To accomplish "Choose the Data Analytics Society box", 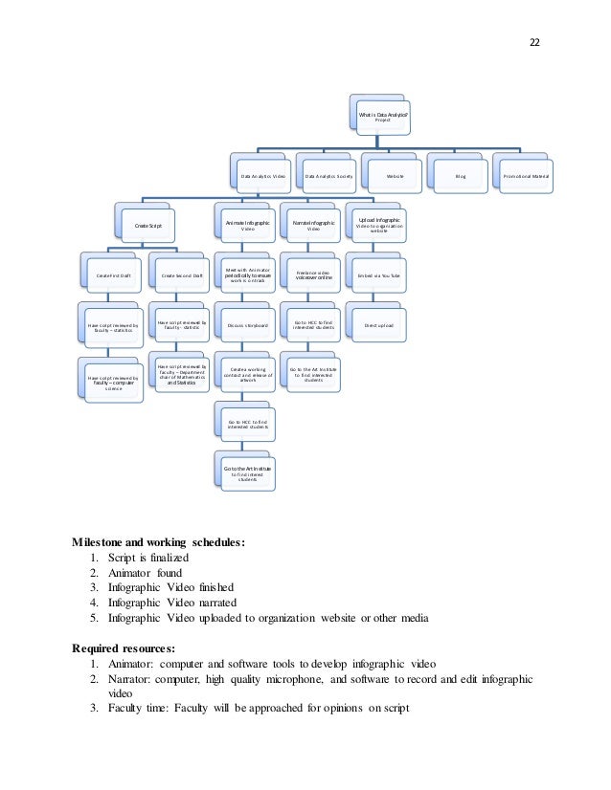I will [x=329, y=177].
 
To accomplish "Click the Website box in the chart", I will [x=394, y=177].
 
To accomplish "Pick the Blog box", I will [x=460, y=177].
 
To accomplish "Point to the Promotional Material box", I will [x=529, y=177].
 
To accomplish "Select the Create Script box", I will [x=148, y=225].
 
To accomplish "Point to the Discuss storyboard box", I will [x=246, y=326].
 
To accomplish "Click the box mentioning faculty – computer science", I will [x=113, y=382].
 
